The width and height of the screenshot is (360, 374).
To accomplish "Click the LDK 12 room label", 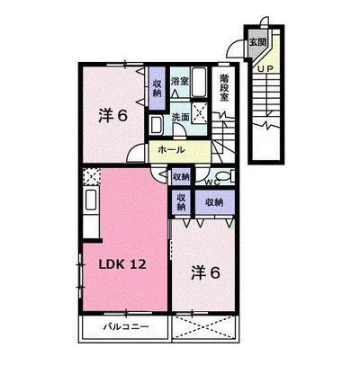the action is coord(122,263).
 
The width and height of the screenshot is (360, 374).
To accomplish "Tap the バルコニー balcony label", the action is coord(126,326).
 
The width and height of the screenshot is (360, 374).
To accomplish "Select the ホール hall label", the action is coord(171,149).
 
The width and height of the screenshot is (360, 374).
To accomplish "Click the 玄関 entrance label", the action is coord(258,42).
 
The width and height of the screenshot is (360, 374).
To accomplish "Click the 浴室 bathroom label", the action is coord(180,81).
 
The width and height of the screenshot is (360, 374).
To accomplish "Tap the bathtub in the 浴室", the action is coord(199,82).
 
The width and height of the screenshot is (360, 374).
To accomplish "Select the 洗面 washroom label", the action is coord(181,117).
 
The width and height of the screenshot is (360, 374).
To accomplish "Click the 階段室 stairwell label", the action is coord(224,87).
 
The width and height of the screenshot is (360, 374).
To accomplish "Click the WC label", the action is coord(213,182).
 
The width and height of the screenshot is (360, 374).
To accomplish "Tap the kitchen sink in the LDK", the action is coord(91,200).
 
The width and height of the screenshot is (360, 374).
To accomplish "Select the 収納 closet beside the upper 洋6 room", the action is coord(157,88).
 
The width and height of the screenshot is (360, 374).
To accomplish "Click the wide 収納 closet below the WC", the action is coord(214,202).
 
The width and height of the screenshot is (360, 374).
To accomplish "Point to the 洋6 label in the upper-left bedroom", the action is coord(113,116).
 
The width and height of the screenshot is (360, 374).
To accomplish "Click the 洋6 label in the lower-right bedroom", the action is coord(206,272).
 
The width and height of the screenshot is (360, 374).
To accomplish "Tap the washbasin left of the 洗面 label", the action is coord(157,125).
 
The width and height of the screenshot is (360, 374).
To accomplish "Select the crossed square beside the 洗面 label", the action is coord(200,112).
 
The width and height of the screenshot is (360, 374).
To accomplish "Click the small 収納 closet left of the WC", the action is coord(181,177).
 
